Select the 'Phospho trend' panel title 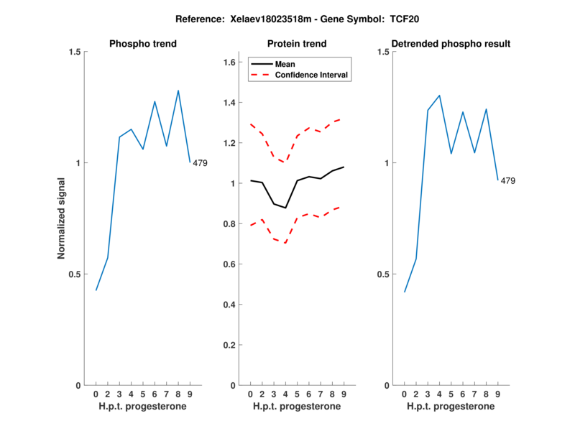pyautogui.click(x=143, y=44)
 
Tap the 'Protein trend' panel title pyautogui.click(x=297, y=44)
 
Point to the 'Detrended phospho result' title pyautogui.click(x=451, y=44)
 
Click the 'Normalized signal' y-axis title pyautogui.click(x=62, y=218)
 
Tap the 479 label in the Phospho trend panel pyautogui.click(x=200, y=163)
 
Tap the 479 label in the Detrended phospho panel pyautogui.click(x=508, y=181)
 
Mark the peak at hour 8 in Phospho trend pyautogui.click(x=178, y=91)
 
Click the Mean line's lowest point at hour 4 pyautogui.click(x=285, y=208)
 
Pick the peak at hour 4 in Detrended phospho pyautogui.click(x=439, y=95)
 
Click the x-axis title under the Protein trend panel pyautogui.click(x=297, y=407)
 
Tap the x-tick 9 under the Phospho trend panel pyautogui.click(x=190, y=394)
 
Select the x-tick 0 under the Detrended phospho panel pyautogui.click(x=404, y=394)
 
